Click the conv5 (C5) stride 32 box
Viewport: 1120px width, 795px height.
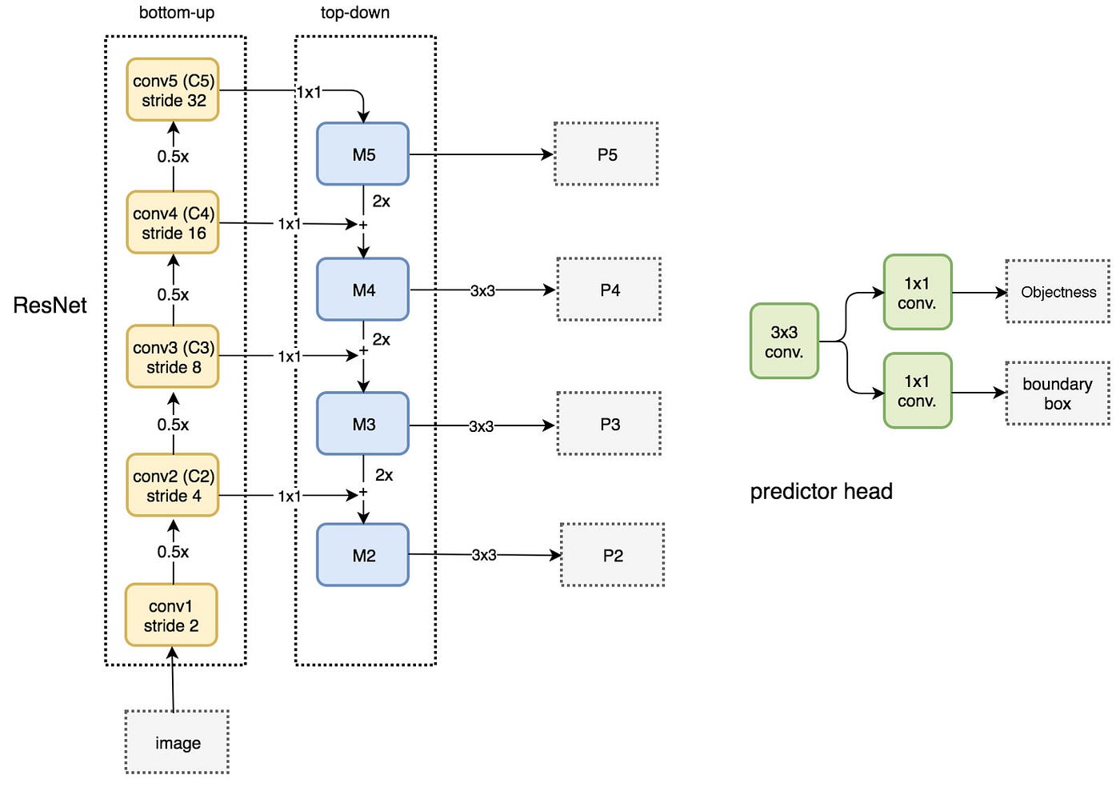[x=173, y=90]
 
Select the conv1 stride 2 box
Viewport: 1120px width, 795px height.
[x=171, y=616]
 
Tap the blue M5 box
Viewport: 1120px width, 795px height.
[x=363, y=154]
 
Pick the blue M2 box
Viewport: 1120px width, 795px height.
[x=363, y=555]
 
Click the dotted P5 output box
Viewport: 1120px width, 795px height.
[x=606, y=154]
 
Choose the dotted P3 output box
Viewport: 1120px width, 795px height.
[x=610, y=424]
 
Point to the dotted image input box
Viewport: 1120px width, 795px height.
[x=177, y=742]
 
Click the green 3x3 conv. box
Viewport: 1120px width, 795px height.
[x=785, y=342]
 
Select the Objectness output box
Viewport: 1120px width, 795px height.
[x=1058, y=291]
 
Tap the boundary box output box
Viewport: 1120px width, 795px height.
[x=1058, y=394]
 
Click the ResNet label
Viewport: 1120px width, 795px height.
[x=50, y=305]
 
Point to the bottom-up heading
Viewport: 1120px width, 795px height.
[x=177, y=13]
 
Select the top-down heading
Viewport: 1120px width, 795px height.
[x=355, y=13]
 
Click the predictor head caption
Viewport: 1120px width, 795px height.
[x=822, y=492]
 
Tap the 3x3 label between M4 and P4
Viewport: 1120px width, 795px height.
[x=482, y=290]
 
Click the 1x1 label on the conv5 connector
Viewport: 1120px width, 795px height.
[x=309, y=92]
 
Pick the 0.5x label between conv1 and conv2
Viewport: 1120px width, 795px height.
[x=173, y=552]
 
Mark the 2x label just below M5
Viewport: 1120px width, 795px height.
[x=381, y=202]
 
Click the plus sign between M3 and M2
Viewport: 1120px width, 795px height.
[x=363, y=493]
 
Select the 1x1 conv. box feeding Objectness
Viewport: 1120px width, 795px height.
[x=918, y=293]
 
